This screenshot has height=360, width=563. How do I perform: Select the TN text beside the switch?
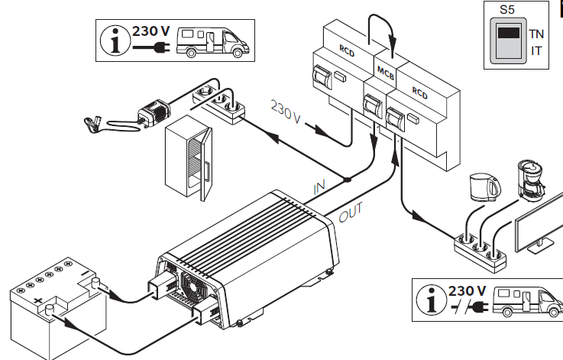tap(536, 34)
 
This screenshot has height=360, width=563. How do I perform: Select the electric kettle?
tap(485, 186)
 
